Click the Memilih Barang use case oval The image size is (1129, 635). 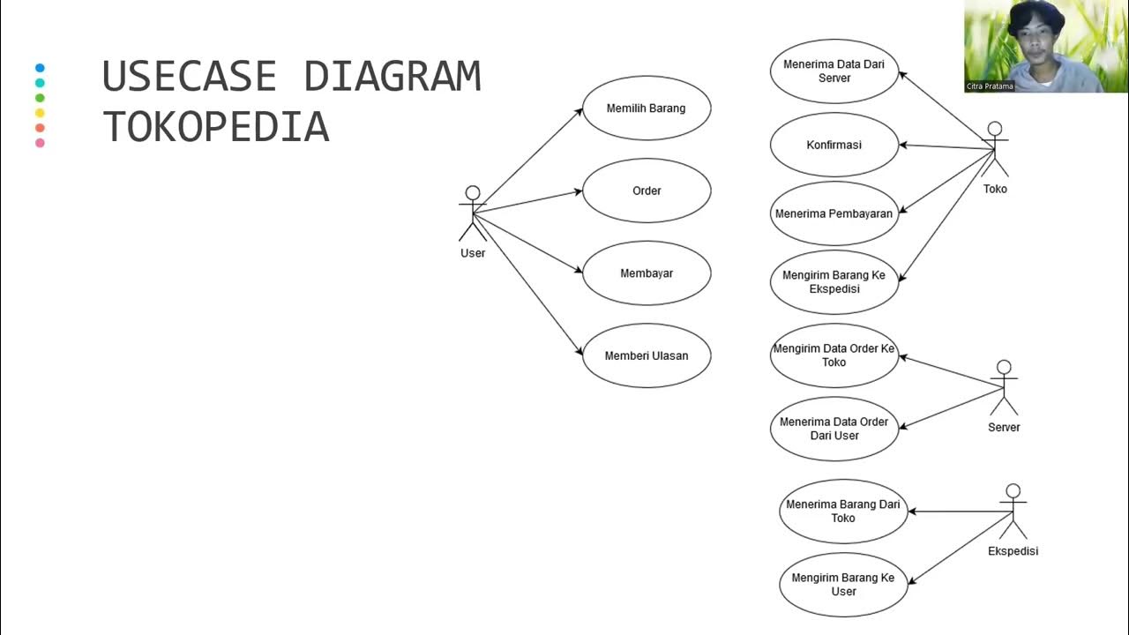[x=647, y=108]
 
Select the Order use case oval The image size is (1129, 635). [x=647, y=190]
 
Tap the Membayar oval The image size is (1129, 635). [x=647, y=273]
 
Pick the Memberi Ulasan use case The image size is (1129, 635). [x=647, y=355]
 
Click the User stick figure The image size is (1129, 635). [x=473, y=213]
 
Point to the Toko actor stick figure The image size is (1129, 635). [x=995, y=150]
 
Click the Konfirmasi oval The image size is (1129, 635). [x=834, y=145]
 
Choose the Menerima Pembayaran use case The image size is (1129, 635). [x=834, y=213]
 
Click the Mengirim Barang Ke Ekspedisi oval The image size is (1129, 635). [x=834, y=282]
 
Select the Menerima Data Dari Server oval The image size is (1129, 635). [x=834, y=71]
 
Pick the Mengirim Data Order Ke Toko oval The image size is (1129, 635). [x=834, y=355]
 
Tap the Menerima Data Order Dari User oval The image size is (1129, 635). [x=834, y=429]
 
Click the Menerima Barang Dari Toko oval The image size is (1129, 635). [x=843, y=512]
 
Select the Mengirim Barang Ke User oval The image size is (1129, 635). [x=843, y=585]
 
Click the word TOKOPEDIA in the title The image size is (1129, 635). [x=216, y=127]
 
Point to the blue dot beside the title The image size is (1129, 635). [x=40, y=68]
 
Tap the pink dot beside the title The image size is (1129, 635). [x=40, y=143]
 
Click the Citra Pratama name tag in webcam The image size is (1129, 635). [x=990, y=86]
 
